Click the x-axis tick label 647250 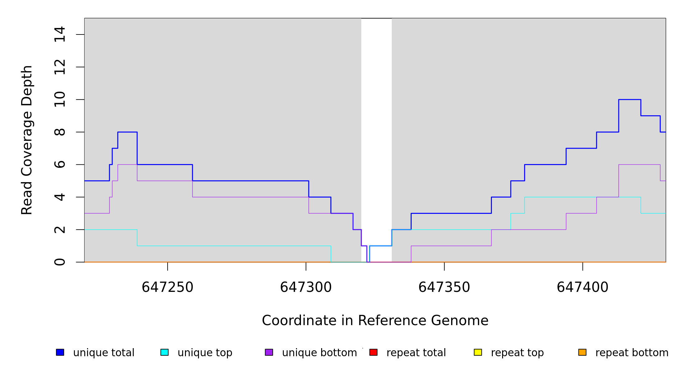pyautogui.click(x=167, y=287)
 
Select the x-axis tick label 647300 pyautogui.click(x=306, y=287)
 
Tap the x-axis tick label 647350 pyautogui.click(x=444, y=287)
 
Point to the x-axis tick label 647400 pyautogui.click(x=582, y=287)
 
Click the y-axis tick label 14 pyautogui.click(x=60, y=34)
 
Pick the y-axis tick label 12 pyautogui.click(x=60, y=67)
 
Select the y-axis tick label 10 pyautogui.click(x=60, y=99)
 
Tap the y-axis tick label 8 pyautogui.click(x=60, y=132)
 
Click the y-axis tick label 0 pyautogui.click(x=60, y=262)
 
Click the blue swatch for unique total pyautogui.click(x=60, y=352)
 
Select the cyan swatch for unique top pyautogui.click(x=164, y=352)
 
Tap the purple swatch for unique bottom pyautogui.click(x=269, y=352)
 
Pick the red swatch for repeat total pyautogui.click(x=373, y=352)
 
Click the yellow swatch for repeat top pyautogui.click(x=478, y=352)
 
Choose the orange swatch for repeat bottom pyautogui.click(x=582, y=352)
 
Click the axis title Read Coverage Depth pyautogui.click(x=27, y=140)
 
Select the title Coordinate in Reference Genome pyautogui.click(x=375, y=320)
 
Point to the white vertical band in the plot pyautogui.click(x=376, y=124)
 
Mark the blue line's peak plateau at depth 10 pyautogui.click(x=630, y=99)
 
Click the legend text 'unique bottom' pyautogui.click(x=319, y=352)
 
